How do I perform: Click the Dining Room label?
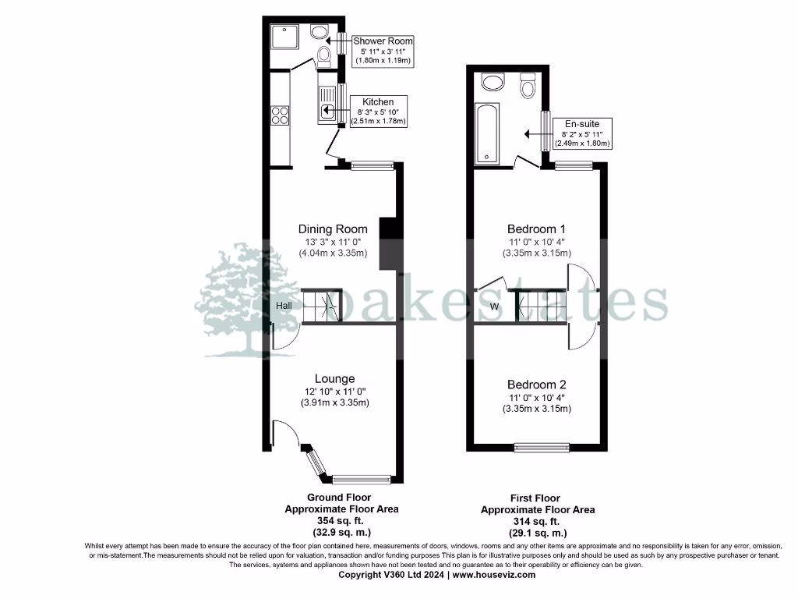[x=333, y=229]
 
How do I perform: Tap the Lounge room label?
[x=335, y=379]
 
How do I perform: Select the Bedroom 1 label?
[x=536, y=229]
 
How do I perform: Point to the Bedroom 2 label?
[x=536, y=385]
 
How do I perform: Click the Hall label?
[x=284, y=306]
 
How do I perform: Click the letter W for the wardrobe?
[x=494, y=307]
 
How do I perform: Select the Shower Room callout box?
[x=383, y=50]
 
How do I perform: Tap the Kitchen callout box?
[x=378, y=112]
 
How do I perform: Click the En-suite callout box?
[x=582, y=133]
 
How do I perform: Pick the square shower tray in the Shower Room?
[x=280, y=37]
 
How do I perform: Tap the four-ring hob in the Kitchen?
[x=281, y=115]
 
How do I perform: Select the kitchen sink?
[x=327, y=110]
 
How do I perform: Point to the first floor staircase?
[x=537, y=305]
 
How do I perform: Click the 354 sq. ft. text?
[x=339, y=520]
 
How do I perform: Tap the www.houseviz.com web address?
[x=494, y=575]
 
